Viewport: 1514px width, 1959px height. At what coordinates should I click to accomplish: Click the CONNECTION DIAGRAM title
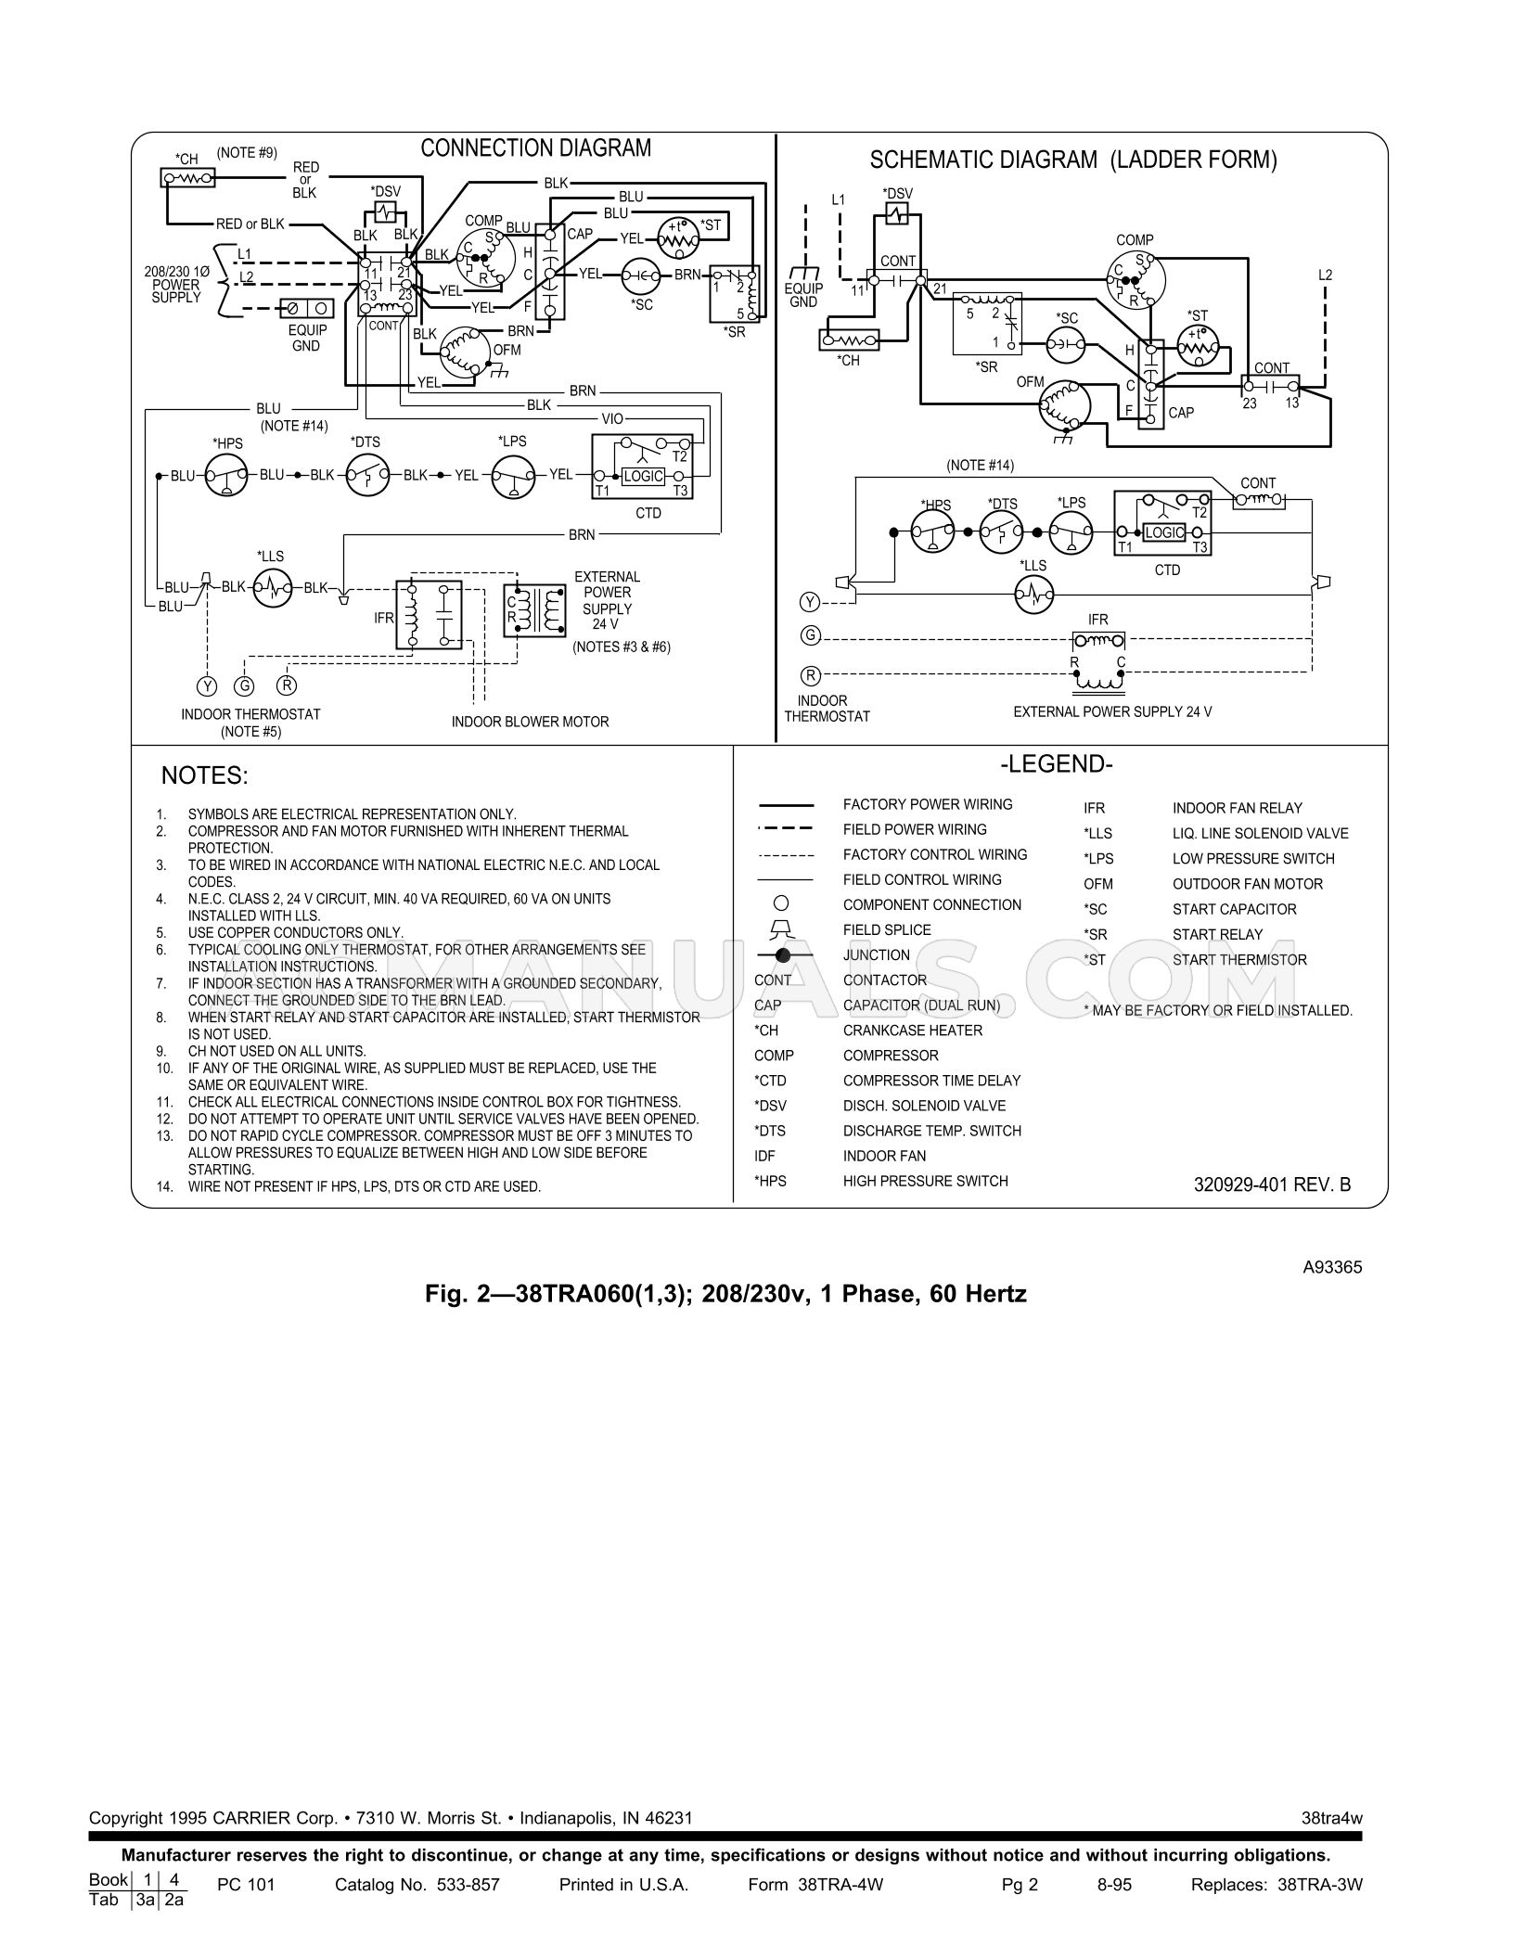(535, 147)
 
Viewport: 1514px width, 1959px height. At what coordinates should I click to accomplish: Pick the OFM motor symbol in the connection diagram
(462, 352)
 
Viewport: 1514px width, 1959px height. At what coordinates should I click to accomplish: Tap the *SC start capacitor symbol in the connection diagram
(640, 275)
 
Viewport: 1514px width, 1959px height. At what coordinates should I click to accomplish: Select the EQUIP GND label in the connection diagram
(306, 338)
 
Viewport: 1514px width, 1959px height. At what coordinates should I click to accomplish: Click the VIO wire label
(612, 419)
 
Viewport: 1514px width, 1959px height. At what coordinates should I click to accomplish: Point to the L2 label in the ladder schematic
(1325, 275)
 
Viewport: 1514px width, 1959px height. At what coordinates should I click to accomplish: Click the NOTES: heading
(205, 775)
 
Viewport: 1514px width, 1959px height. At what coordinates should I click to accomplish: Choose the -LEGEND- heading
(1056, 764)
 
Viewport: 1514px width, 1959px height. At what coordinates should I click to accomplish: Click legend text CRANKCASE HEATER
(912, 1031)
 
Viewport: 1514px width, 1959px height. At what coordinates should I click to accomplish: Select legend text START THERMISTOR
(1239, 960)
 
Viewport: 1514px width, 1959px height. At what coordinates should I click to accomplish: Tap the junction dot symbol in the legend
(783, 955)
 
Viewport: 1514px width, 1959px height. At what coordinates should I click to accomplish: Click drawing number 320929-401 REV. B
(1272, 1184)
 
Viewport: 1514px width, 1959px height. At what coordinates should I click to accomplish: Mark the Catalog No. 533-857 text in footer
(417, 1885)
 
